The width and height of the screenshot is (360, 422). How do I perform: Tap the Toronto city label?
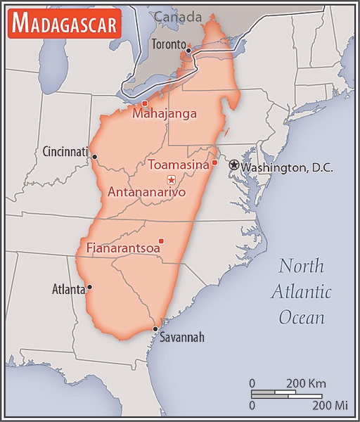coord(168,44)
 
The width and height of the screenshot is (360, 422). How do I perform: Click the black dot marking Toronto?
coord(188,50)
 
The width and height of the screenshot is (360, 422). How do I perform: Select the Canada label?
coord(177,16)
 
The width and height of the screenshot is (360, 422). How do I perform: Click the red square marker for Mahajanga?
coord(145,103)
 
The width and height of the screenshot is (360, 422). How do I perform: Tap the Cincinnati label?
coord(65,151)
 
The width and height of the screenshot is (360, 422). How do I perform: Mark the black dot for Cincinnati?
coord(94,157)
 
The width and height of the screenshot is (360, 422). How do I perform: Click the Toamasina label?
coord(179,165)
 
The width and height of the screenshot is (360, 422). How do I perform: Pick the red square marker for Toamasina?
coord(214,163)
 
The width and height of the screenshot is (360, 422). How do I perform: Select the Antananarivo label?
coord(146,191)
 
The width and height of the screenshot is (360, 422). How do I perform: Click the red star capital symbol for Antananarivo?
coord(171,180)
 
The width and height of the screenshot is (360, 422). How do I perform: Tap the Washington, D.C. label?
coord(286,167)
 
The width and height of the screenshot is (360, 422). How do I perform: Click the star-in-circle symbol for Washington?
coord(233,165)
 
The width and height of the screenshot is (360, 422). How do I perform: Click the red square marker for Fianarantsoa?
coord(161,241)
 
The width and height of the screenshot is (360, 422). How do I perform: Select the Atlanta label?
coord(69,288)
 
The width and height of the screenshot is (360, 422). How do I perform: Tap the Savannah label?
coord(181,338)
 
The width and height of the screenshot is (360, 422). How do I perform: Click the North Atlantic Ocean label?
coord(302,291)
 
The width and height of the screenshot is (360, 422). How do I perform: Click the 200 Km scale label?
coord(306,383)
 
